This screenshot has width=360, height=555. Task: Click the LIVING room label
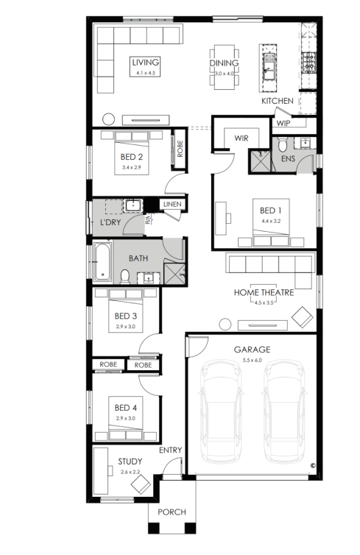pos(146,63)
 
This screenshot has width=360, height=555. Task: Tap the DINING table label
pos(224,63)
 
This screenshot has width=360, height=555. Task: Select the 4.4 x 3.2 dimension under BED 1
pos(271,222)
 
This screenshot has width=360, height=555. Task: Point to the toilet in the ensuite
pos(283,144)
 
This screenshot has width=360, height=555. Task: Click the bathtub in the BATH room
pos(102,262)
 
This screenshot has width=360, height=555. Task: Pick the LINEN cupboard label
pos(172,204)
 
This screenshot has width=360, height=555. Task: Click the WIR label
pos(241,138)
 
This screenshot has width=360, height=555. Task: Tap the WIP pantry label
pos(283,123)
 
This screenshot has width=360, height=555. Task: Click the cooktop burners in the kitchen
pos(308,63)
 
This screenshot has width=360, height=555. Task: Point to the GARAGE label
pos(252,350)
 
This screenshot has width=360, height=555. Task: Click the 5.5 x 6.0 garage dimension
pos(252,361)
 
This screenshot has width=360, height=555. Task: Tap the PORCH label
pos(172,512)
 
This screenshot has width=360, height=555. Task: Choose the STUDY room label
pos(130,462)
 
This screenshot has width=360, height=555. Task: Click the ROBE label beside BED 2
pos(180,149)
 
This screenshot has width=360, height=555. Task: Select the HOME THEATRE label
pos(264,293)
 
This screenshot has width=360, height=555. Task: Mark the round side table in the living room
pos(108,119)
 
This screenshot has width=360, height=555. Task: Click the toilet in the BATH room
pos(125,277)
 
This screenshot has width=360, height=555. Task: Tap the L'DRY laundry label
pos(110,222)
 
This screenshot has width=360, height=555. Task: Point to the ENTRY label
pos(170,450)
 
